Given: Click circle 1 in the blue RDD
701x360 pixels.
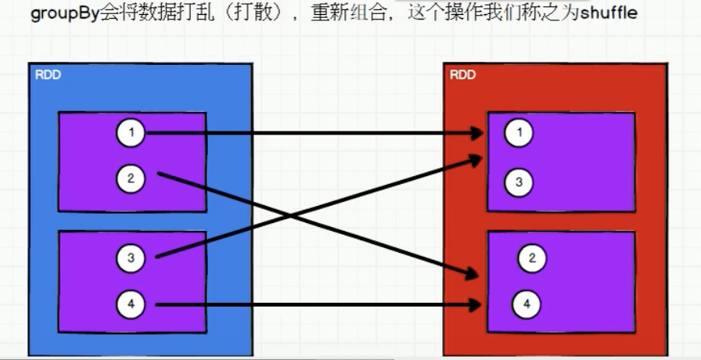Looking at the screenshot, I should pos(131,133).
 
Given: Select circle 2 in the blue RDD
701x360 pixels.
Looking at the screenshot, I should pos(131,178).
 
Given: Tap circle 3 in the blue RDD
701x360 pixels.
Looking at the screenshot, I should pos(131,257).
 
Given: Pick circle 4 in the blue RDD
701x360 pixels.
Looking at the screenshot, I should pos(131,304).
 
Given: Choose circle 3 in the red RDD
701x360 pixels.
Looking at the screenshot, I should pos(518,183).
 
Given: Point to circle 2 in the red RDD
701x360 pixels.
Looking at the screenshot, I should pos(532,258).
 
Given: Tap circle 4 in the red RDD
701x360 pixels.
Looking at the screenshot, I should pos(527,303).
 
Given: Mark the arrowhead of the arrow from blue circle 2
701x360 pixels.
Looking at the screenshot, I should pos(472,275).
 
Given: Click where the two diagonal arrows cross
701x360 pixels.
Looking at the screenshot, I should pos(293,216).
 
